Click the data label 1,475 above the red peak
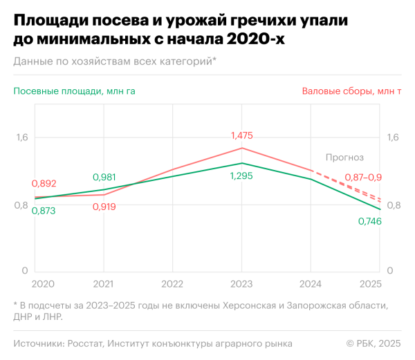pyautogui.click(x=241, y=135)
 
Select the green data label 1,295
pyautogui.click(x=241, y=176)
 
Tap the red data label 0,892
pyautogui.click(x=44, y=184)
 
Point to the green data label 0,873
pyautogui.click(x=44, y=211)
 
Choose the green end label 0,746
pyautogui.click(x=369, y=221)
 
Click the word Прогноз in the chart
pyautogui.click(x=344, y=158)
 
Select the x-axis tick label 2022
pyautogui.click(x=172, y=284)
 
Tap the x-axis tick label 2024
pyautogui.click(x=310, y=284)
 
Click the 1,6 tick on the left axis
pyautogui.click(x=22, y=138)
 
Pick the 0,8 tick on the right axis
pyautogui.click(x=393, y=205)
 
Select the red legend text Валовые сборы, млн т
pyautogui.click(x=351, y=91)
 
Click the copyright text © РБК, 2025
pyautogui.click(x=373, y=343)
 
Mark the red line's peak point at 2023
pyautogui.click(x=241, y=148)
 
